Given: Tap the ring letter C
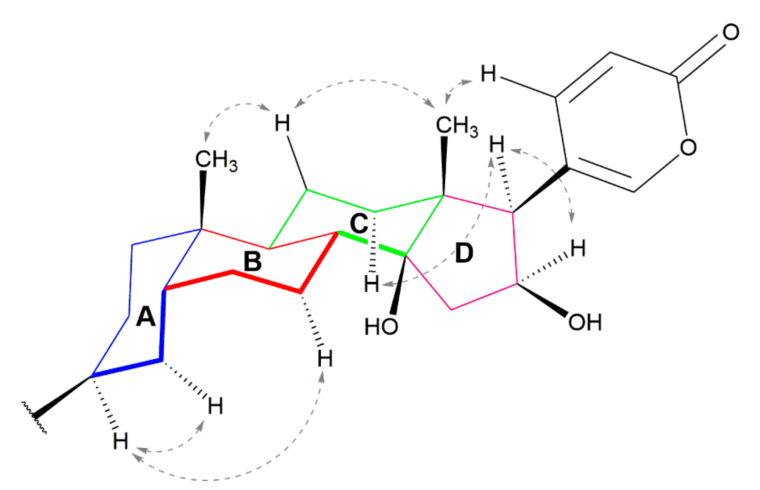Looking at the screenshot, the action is [x=359, y=223].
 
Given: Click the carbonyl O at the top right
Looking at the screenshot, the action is [x=731, y=32].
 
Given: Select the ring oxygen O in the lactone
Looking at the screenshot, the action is [x=688, y=147].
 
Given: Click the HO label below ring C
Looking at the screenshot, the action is [x=381, y=326].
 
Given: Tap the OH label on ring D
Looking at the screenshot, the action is [x=585, y=323].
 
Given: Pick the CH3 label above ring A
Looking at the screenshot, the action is [x=216, y=160].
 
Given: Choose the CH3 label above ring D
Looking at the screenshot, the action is [x=457, y=126].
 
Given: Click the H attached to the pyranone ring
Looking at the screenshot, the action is [x=488, y=74].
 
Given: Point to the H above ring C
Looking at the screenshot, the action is [x=282, y=123].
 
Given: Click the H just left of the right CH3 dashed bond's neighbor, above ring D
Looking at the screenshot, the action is [x=497, y=144].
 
